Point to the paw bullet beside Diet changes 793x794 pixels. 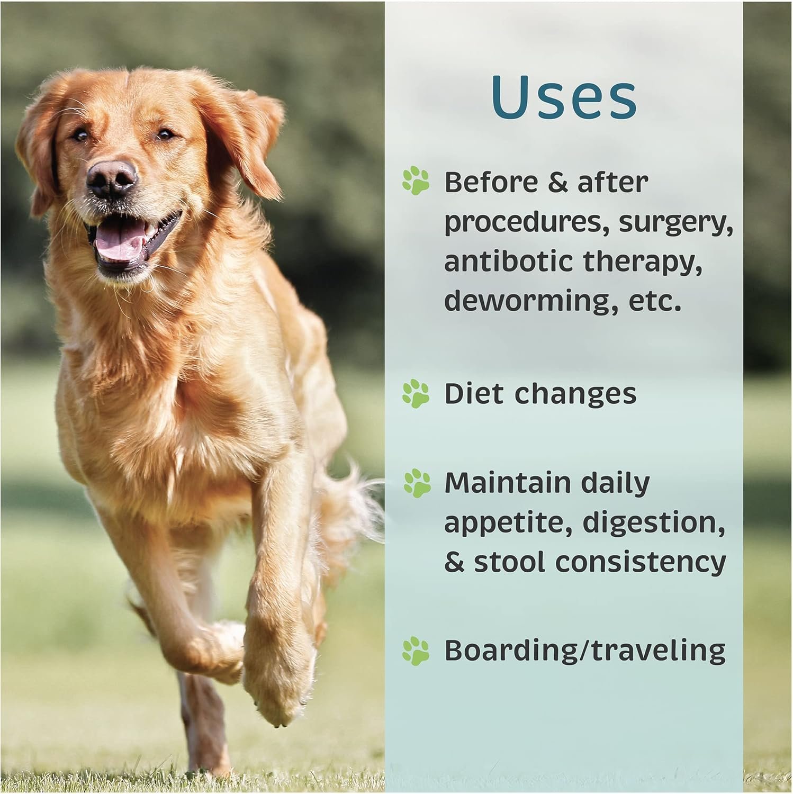tap(416, 394)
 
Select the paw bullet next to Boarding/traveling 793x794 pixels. tap(416, 651)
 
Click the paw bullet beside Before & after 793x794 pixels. tap(416, 180)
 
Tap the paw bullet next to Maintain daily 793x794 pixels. tap(417, 483)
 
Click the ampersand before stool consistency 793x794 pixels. tap(454, 562)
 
